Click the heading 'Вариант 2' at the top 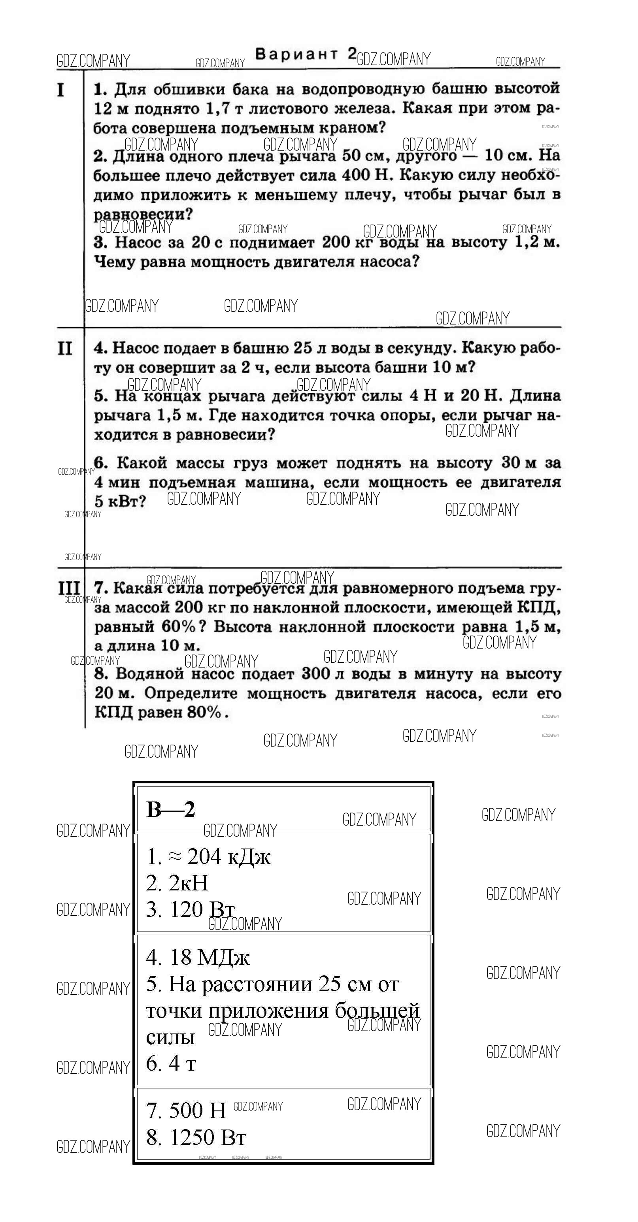pos(306,54)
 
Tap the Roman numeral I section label pos(61,90)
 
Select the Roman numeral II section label pos(64,349)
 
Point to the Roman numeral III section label pos(69,588)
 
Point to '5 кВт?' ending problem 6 pos(121,502)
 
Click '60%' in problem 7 pos(178,627)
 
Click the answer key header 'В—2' pos(171,809)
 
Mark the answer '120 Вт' pos(202,909)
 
